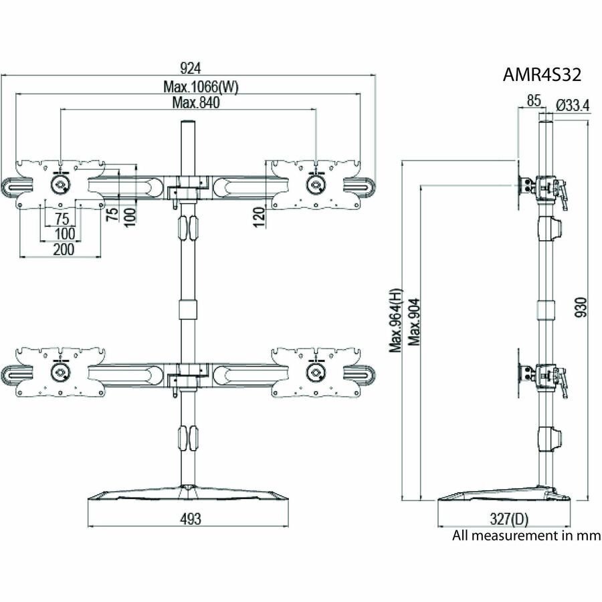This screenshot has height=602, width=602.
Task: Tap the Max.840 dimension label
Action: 196,102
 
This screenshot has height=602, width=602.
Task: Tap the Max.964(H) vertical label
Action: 397,320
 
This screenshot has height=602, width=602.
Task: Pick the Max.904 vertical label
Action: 414,321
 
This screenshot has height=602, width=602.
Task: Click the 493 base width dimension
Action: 190,518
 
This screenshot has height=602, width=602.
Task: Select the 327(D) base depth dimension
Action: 508,519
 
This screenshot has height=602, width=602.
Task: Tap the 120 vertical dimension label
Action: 260,217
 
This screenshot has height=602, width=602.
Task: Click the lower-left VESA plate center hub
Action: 60,371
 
